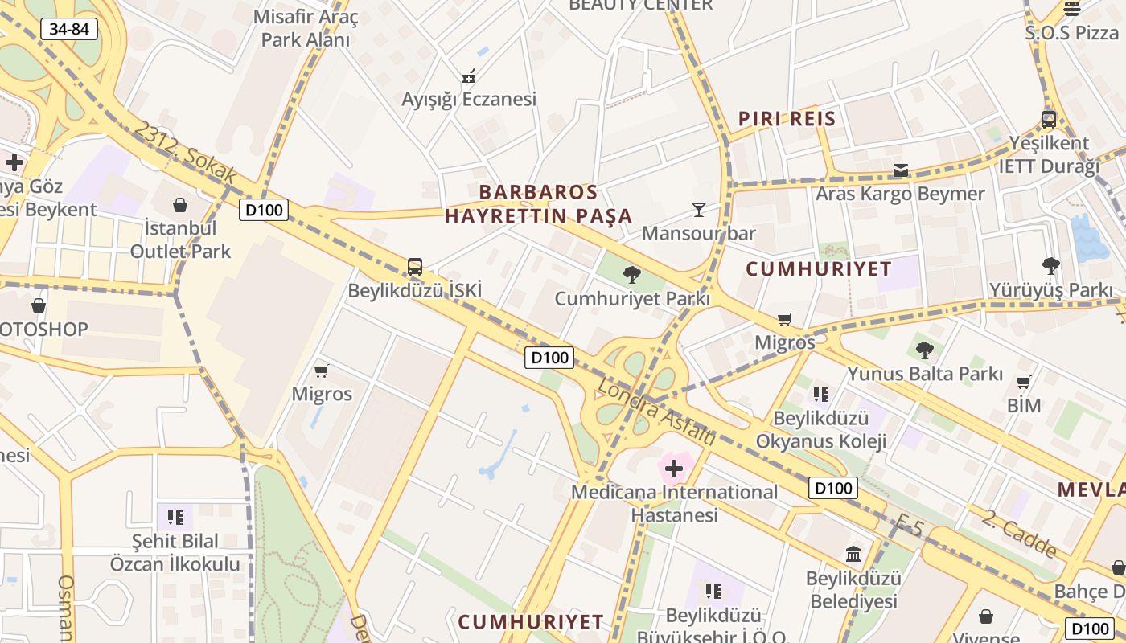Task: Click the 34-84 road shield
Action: click(69, 30)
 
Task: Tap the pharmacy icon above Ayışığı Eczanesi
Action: click(469, 76)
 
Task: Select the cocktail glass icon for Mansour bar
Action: click(698, 210)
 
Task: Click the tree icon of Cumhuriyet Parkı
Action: click(632, 275)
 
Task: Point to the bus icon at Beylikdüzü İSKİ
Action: click(415, 267)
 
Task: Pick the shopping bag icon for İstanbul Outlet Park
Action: click(180, 205)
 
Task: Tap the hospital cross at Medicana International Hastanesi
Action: click(674, 469)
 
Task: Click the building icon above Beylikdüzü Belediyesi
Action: click(853, 554)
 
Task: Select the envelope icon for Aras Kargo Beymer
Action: click(901, 170)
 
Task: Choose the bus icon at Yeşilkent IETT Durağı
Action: click(1049, 120)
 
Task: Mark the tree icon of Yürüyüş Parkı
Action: click(1050, 266)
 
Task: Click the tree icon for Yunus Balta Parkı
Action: click(925, 350)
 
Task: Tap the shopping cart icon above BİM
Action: click(1024, 382)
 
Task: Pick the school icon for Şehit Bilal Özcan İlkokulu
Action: click(175, 517)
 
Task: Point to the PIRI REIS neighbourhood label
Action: click(787, 119)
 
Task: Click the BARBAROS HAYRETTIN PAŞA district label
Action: click(539, 204)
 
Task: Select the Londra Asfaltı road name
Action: click(656, 412)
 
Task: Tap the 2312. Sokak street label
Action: click(186, 152)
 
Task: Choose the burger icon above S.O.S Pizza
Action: click(1071, 9)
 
